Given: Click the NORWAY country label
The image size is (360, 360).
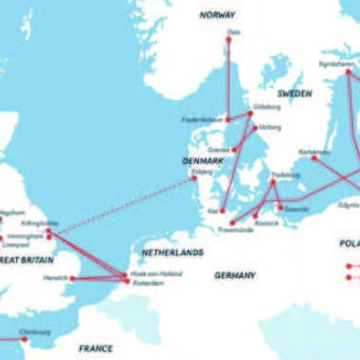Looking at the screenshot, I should [x=216, y=15].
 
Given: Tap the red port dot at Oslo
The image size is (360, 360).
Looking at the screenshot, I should [x=230, y=43].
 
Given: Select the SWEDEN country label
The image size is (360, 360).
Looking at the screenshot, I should [x=295, y=94].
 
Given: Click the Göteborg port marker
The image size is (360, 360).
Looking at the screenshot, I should [x=250, y=114].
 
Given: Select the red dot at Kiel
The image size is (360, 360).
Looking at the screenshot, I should [x=221, y=210].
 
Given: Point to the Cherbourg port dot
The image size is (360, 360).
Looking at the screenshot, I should [x=23, y=336].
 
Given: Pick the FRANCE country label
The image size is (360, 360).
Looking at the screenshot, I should [x=96, y=349].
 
